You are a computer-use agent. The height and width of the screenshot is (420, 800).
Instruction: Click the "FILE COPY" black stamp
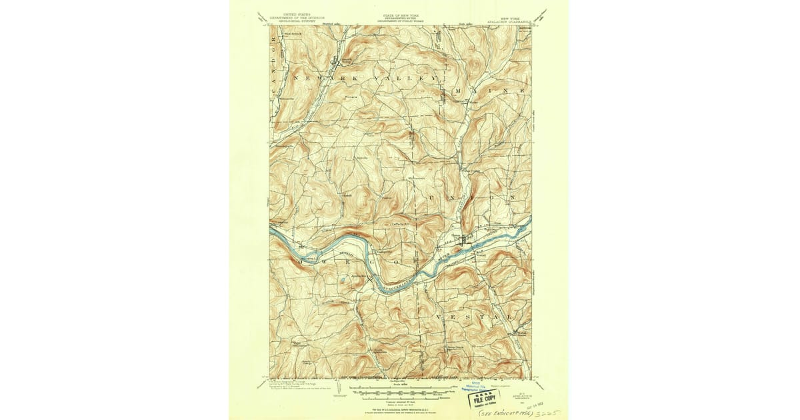click(487, 397)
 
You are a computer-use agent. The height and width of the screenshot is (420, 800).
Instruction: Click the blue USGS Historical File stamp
click(477, 386)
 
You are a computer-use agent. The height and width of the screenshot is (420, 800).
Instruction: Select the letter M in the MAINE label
click(457, 89)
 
